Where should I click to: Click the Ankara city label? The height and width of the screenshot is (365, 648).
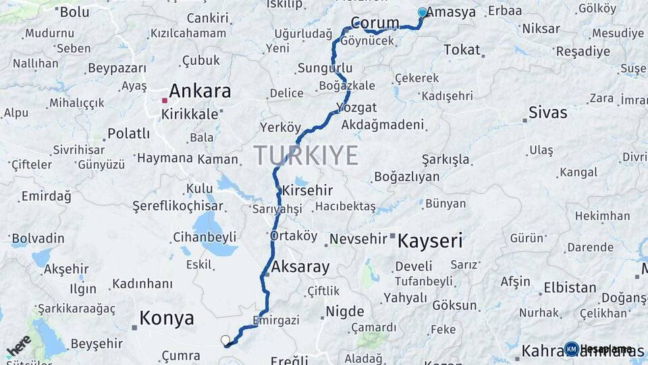pyautogui.click(x=200, y=91)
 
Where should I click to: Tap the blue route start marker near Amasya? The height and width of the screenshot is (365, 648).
pyautogui.click(x=423, y=12)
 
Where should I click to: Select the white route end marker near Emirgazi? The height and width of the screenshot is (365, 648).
pyautogui.click(x=225, y=340)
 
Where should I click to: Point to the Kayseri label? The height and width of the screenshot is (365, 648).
pyautogui.click(x=430, y=241)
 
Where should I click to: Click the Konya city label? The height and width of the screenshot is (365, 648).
pyautogui.click(x=167, y=318)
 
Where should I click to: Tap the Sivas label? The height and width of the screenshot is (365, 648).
pyautogui.click(x=547, y=112)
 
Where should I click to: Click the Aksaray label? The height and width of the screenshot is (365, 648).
pyautogui.click(x=300, y=267)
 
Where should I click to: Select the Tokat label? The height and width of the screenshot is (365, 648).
pyautogui.click(x=462, y=49)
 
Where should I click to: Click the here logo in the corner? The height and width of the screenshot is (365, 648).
pyautogui.click(x=18, y=345)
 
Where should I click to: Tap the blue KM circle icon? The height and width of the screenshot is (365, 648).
pyautogui.click(x=572, y=349)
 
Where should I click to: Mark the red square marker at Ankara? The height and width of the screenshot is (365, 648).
pyautogui.click(x=164, y=101)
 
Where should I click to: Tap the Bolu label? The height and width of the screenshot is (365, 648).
pyautogui.click(x=74, y=11)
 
